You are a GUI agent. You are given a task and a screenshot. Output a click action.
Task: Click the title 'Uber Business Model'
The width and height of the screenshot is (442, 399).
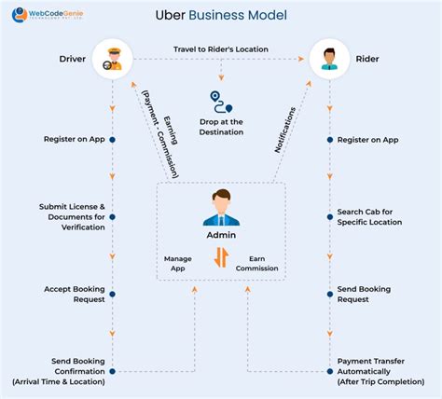point(221,16)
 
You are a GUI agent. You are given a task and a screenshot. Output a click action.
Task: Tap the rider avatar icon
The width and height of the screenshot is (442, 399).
point(328,59)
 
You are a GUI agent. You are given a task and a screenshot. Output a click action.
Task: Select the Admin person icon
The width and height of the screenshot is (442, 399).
point(222,207)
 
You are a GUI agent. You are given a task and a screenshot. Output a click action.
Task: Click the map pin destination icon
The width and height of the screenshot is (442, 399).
point(221,102)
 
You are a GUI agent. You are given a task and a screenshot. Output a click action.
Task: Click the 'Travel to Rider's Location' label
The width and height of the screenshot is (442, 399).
point(220,48)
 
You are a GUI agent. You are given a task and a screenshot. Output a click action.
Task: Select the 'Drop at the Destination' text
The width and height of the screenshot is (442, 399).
point(221,127)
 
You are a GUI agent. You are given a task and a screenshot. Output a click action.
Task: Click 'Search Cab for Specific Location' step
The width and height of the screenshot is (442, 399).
point(370,217)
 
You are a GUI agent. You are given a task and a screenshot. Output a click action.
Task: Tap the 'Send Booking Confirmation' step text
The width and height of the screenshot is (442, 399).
point(60,371)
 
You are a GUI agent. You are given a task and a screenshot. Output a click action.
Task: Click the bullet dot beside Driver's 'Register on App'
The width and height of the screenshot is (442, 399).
point(113,140)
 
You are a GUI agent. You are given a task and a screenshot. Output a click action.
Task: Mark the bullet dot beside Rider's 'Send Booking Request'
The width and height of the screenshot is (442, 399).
point(328,295)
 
